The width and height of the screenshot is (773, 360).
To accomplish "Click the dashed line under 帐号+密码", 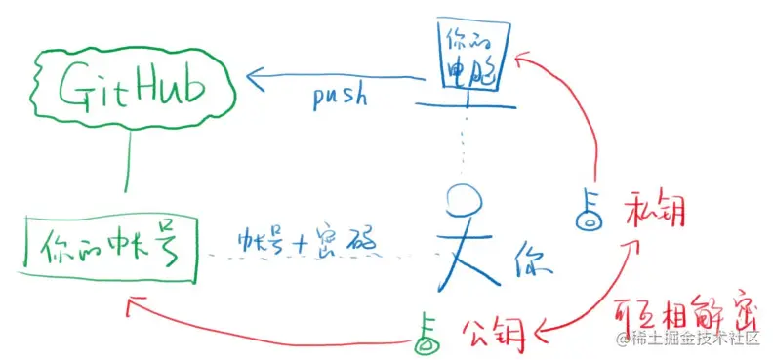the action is (x=322, y=256).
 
